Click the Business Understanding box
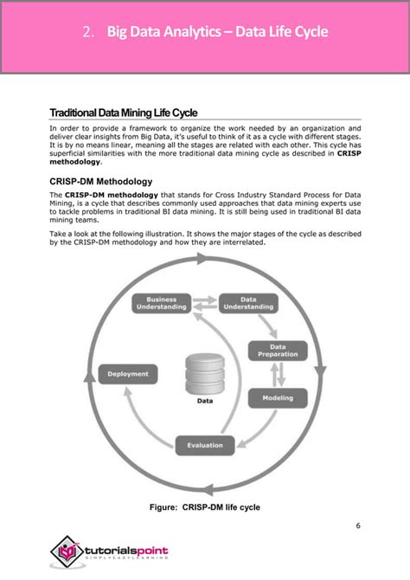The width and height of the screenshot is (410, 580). coord(161,303)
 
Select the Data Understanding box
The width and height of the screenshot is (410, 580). coord(247,303)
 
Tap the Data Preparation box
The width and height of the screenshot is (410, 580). coord(278,350)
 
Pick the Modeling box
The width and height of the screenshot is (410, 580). coord(278,398)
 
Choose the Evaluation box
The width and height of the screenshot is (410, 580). coord(205,445)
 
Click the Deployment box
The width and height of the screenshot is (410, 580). coord(128,374)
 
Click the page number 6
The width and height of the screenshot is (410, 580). coord(357,525)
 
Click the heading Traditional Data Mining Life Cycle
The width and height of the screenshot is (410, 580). coord(124,113)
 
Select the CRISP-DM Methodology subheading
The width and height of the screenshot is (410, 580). coord(101,182)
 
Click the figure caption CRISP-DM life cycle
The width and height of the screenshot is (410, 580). coord(205,506)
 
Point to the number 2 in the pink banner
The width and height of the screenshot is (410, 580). coord(88,33)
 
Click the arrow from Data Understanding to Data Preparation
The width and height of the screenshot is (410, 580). coord(274,324)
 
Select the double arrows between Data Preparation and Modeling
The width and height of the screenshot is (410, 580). coord(278,374)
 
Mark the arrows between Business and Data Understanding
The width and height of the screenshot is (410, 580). coord(204,303)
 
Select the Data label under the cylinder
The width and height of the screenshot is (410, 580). coord(205,401)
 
